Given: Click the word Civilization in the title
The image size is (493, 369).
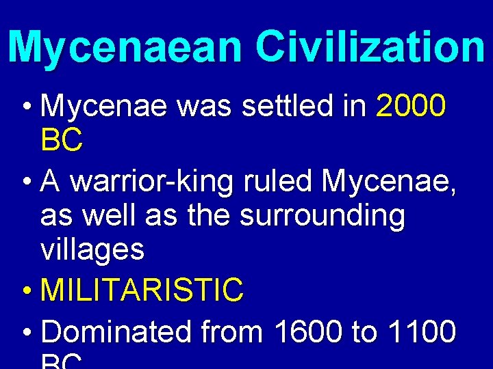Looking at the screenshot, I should (x=370, y=46).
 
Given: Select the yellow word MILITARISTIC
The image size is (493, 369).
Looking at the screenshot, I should (x=142, y=290).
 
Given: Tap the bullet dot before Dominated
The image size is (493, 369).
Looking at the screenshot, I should (x=25, y=333).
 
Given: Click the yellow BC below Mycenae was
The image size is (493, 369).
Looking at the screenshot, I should (x=62, y=141).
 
